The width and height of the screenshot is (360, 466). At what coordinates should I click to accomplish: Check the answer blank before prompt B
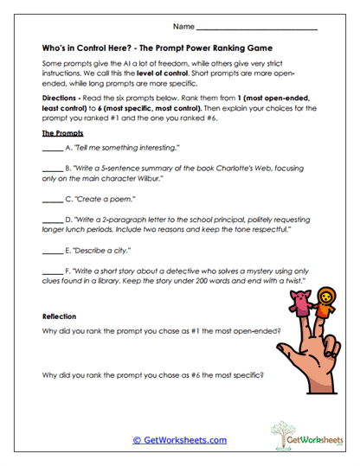(x=51, y=169)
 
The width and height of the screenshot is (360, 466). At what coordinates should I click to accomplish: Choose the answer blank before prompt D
(x=51, y=222)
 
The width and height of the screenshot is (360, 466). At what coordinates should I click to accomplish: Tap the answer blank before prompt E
(x=51, y=252)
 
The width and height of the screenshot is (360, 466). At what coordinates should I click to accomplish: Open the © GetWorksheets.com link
(x=180, y=439)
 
